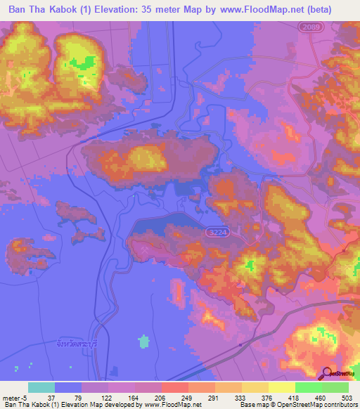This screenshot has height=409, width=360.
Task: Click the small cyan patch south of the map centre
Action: coord(144,342)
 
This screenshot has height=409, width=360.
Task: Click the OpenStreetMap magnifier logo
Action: coord(327,374)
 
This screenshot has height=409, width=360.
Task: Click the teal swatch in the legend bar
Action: coord(41,387)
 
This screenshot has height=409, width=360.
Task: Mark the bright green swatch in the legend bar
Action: coord(308,387)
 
